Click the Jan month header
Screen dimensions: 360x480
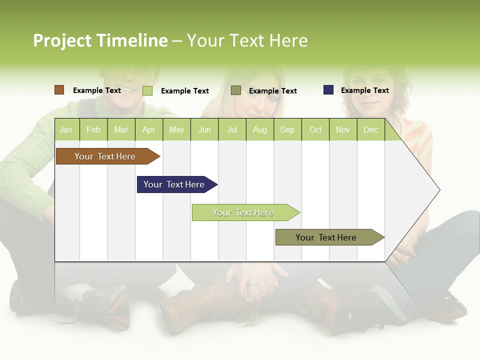(x=66, y=129)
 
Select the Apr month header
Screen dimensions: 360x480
(x=148, y=129)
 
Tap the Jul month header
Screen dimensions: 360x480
(x=232, y=129)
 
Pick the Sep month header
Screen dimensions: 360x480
(x=287, y=129)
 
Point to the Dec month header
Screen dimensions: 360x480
(x=370, y=129)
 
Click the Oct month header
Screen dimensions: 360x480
(x=315, y=129)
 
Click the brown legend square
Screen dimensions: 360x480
(x=59, y=90)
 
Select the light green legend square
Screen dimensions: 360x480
(x=147, y=90)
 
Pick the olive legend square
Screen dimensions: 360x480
(x=236, y=90)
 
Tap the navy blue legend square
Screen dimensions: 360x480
(x=328, y=90)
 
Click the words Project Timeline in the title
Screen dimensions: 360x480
(x=100, y=40)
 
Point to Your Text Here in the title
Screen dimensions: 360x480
(x=247, y=40)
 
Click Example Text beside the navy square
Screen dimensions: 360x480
(x=364, y=90)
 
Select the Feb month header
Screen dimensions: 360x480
(x=93, y=129)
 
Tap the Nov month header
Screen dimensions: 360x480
(x=342, y=129)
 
